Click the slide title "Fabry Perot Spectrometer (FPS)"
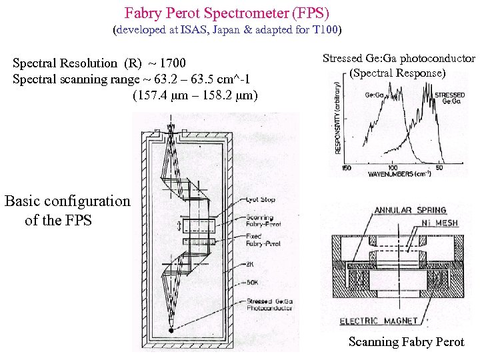click(x=227, y=13)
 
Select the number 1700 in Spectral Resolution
click(x=173, y=64)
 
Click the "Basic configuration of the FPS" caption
click(x=67, y=210)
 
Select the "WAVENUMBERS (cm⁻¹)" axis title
click(x=399, y=174)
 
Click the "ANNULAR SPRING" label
click(x=401, y=211)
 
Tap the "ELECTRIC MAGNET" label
click(x=379, y=321)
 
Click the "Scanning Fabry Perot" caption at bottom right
click(x=406, y=342)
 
